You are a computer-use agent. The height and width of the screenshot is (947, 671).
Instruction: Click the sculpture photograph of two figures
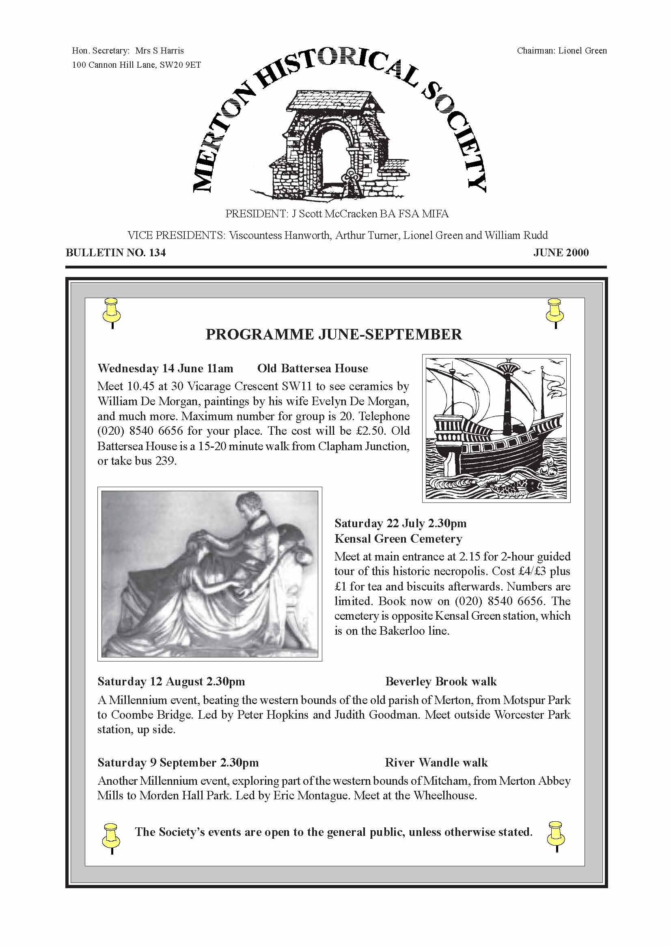pyautogui.click(x=209, y=573)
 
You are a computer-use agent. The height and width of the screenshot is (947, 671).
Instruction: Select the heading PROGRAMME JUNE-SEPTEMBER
pyautogui.click(x=333, y=334)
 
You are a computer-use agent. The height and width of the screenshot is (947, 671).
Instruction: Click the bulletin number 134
pyautogui.click(x=157, y=253)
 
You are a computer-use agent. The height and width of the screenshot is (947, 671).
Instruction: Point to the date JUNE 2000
pyautogui.click(x=561, y=253)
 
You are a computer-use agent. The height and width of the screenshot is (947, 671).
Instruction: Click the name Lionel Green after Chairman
pyautogui.click(x=583, y=51)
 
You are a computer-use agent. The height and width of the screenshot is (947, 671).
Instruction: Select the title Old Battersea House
pyautogui.click(x=313, y=368)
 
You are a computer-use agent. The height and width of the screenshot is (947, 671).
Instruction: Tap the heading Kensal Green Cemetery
pyautogui.click(x=398, y=539)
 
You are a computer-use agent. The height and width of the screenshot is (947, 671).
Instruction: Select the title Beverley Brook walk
pyautogui.click(x=440, y=682)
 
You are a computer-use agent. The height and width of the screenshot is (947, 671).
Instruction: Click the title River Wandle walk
pyautogui.click(x=436, y=762)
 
